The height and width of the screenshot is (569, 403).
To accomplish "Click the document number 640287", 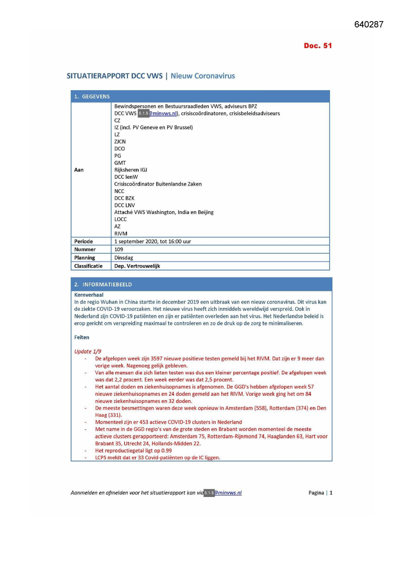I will pos(369,25).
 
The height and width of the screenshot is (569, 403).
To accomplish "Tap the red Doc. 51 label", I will pos(318,46).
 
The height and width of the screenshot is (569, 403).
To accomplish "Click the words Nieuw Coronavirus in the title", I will pos(203,76).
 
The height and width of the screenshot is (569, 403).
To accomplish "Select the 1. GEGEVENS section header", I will pos(92,97).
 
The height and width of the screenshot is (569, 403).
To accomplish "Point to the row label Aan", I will pos(79,170).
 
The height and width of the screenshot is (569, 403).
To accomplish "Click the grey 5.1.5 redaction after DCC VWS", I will pos(143,114).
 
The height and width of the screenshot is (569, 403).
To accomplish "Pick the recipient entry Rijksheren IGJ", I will pos(131,170).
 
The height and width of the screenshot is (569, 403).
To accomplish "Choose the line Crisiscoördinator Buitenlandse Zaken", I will pos(158,184).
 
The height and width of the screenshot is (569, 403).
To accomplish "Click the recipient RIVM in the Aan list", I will pos(121,234).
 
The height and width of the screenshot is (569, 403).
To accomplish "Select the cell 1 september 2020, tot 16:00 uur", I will pos(153,241).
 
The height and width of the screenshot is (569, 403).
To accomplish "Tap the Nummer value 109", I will pos(119,249).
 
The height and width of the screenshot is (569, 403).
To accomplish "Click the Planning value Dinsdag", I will pos(124,258).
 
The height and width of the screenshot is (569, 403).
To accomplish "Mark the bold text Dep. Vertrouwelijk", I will pos(137,266).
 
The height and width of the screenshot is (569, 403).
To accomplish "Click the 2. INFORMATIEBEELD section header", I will pos(103,284).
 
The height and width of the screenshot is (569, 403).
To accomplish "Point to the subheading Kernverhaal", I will pos(89,295).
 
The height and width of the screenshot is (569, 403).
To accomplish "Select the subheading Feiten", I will pos(82,337).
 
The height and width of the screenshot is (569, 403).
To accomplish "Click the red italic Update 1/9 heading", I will pos(88,351).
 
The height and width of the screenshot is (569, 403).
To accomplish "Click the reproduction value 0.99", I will pos(167,451).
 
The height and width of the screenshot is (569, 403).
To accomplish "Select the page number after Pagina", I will pos(331,493).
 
